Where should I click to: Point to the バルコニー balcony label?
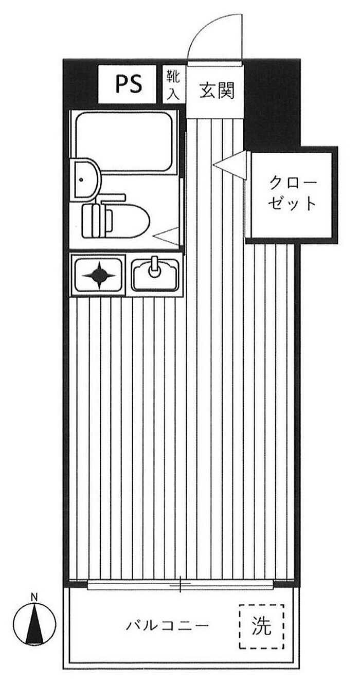[168, 626]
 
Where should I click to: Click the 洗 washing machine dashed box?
[261, 626]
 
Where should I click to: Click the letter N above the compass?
[34, 598]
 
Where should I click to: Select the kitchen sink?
[155, 276]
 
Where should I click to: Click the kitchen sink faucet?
[153, 267]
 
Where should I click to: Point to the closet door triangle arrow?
[229, 165]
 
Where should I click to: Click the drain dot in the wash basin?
[81, 179]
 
